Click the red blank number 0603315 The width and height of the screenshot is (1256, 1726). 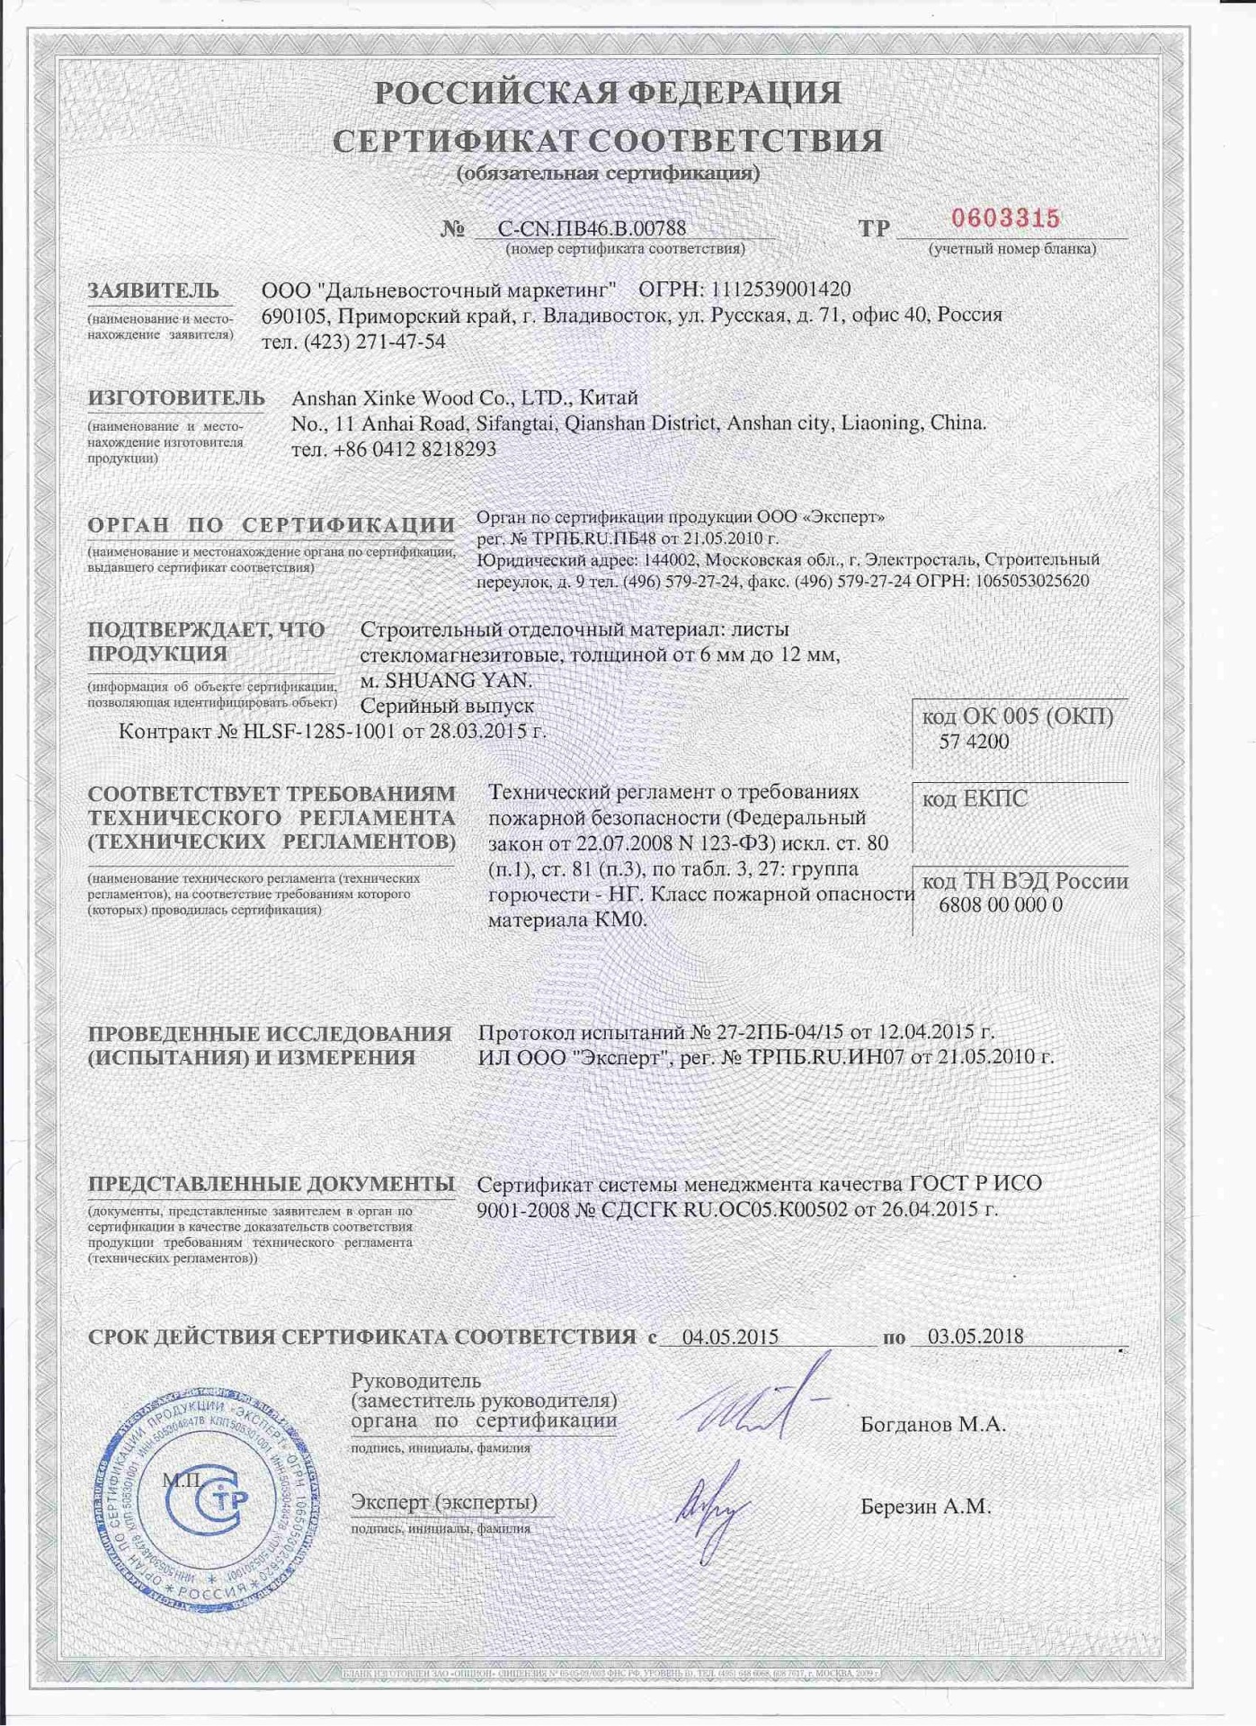(1005, 218)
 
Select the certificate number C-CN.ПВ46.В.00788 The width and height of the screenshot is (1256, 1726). (592, 229)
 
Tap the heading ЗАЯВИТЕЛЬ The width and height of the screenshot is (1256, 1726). (153, 290)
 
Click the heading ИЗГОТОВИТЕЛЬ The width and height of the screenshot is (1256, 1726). (176, 397)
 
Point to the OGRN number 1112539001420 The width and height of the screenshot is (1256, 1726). (780, 289)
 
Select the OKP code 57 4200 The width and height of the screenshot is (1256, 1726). (974, 742)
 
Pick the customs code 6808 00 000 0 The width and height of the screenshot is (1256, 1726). (1000, 904)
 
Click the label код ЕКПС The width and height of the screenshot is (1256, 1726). (975, 798)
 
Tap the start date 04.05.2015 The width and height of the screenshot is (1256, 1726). (730, 1337)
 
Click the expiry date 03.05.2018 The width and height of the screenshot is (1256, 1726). (975, 1337)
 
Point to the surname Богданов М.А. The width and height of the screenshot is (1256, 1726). (932, 1425)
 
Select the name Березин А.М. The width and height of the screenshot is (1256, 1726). (925, 1507)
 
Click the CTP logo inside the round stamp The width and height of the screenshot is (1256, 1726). (210, 1499)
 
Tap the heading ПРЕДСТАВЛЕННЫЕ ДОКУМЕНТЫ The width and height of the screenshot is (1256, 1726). (271, 1185)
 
